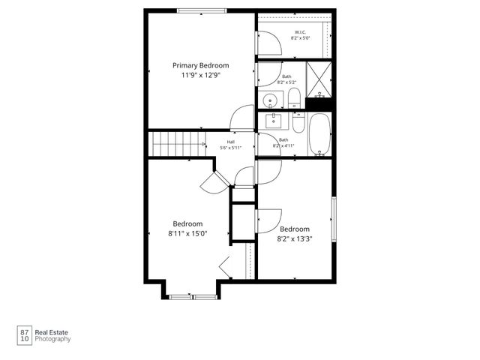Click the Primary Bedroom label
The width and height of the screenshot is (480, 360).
click(200, 65)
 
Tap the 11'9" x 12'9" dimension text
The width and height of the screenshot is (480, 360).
click(200, 76)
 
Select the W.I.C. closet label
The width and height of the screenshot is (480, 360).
click(299, 32)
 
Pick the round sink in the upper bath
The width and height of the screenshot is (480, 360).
click(270, 99)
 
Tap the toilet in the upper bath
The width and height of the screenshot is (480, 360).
click(295, 97)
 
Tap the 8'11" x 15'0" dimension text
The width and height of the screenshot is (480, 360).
click(187, 233)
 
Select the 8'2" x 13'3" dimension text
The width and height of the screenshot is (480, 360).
click(295, 239)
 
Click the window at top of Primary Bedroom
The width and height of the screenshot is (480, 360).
click(200, 10)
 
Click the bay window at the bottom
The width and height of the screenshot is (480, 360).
click(193, 297)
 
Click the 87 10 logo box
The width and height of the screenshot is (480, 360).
click(25, 334)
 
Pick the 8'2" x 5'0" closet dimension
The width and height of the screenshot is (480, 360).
click(300, 38)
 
